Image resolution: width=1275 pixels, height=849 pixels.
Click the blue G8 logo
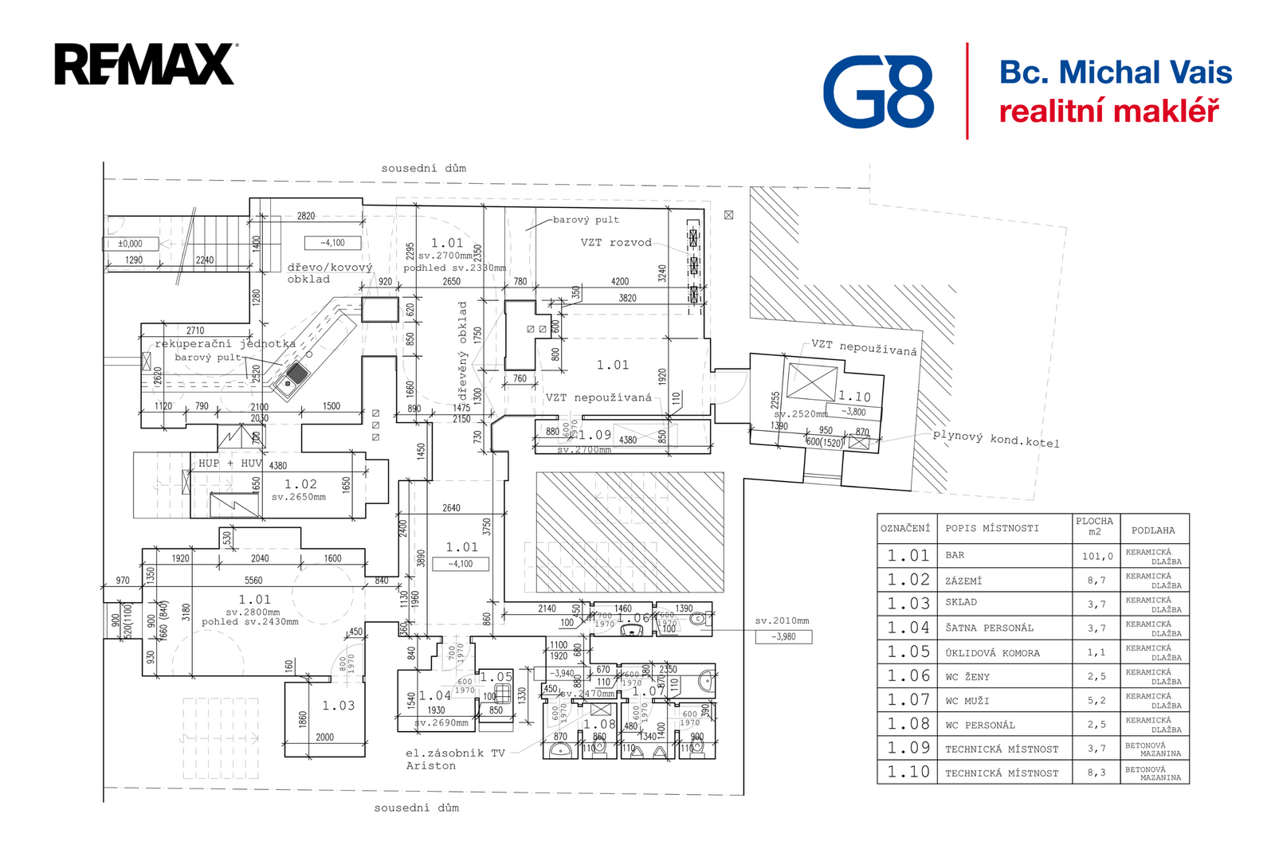(878, 92)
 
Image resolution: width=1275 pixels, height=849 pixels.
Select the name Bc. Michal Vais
(1115, 72)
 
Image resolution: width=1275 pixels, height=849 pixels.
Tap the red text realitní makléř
(1108, 112)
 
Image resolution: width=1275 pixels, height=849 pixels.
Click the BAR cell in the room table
(955, 556)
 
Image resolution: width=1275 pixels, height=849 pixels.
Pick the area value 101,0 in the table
(1096, 557)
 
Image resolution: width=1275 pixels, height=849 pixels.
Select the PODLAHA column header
(1153, 530)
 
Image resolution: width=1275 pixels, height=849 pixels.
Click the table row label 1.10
(908, 772)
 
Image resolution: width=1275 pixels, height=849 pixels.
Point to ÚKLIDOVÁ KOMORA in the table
(992, 653)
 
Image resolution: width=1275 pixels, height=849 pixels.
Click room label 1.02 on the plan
(300, 484)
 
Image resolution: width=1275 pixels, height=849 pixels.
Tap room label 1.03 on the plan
(338, 706)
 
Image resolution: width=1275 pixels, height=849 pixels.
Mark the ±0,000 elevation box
(130, 244)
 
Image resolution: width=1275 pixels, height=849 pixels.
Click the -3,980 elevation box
(783, 636)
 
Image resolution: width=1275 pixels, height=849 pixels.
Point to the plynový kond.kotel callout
(995, 439)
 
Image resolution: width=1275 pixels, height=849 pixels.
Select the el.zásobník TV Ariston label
(455, 759)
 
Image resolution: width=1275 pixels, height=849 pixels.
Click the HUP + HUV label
(229, 464)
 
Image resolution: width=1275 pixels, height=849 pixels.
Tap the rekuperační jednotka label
(225, 344)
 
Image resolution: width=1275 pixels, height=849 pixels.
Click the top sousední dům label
(423, 169)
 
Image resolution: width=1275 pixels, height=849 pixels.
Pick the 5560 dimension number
(253, 581)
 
